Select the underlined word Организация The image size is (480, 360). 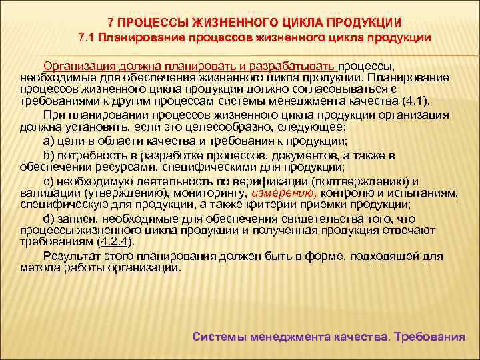click(76, 67)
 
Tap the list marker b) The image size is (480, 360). click(49, 155)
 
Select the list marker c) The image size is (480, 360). click(49, 181)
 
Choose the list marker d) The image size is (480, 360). click(49, 219)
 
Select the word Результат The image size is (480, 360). click(71, 255)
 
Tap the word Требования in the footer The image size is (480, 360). click(429, 337)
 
